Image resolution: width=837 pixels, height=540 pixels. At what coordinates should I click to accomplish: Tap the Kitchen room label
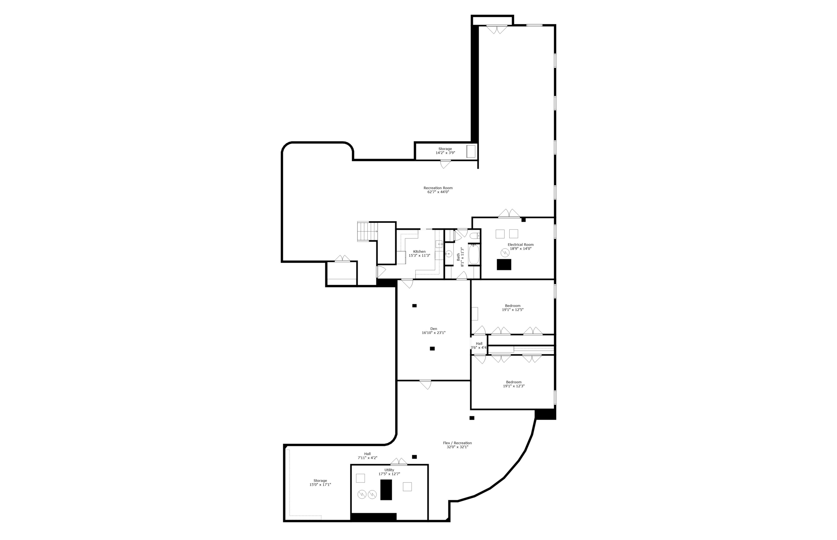coord(419,252)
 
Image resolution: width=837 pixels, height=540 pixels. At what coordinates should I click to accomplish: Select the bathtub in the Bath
coord(474,254)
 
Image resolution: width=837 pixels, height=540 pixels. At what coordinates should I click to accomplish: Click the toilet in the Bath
coord(475,236)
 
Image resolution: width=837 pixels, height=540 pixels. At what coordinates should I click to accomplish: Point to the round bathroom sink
coord(448,254)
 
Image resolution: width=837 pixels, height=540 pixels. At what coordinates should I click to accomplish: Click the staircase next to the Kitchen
coord(366,231)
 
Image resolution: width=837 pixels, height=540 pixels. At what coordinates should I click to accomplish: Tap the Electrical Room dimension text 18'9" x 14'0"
coord(520,249)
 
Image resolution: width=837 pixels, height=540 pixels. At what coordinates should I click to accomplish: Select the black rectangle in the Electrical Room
coord(504,264)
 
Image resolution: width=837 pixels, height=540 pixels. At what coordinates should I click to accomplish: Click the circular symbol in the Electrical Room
coord(505,253)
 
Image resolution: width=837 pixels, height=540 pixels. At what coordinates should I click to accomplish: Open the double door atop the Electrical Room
coord(509,214)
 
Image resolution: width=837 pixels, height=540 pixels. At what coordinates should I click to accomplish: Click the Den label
coord(434,329)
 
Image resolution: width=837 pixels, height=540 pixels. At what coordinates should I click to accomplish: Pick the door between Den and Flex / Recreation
coord(425,384)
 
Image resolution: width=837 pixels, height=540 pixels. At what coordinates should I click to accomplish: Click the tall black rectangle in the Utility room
coord(386,489)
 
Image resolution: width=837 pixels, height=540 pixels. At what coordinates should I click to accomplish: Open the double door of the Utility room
coord(398,462)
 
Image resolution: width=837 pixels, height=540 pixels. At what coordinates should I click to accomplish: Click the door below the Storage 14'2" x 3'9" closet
coord(445,164)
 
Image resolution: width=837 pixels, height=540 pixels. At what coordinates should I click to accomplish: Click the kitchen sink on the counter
coord(439,244)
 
